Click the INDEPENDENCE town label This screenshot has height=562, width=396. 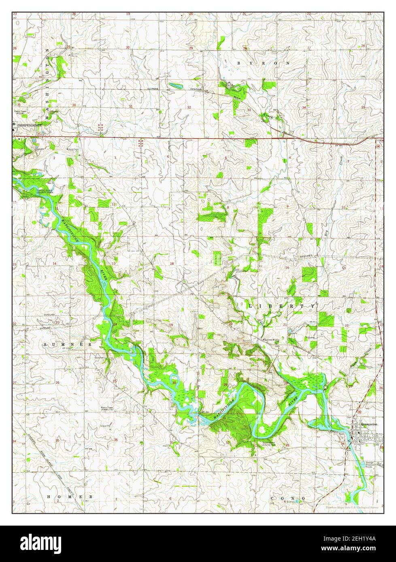coord(30,125)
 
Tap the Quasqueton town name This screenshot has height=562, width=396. coord(369,424)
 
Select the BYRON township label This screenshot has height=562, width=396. coord(264,63)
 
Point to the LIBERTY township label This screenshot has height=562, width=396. coord(282,306)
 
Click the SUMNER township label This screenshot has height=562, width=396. coord(68,344)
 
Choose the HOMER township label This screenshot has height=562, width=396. coord(70,496)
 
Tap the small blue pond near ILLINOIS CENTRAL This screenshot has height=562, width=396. coord(175,86)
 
